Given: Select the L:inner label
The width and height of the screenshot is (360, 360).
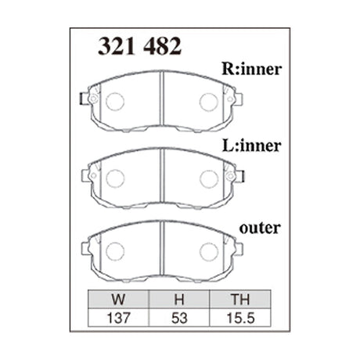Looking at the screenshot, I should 251,145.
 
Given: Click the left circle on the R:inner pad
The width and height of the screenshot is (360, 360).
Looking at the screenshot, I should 114,102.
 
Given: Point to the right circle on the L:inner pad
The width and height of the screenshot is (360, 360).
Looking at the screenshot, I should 208,178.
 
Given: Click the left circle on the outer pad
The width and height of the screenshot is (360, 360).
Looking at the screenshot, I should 114,250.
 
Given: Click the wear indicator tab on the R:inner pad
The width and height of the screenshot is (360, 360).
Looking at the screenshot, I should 88,99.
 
